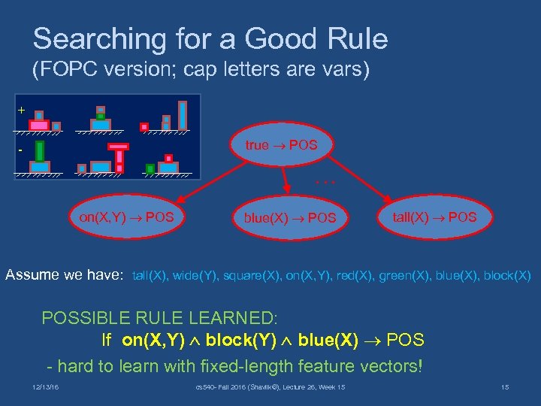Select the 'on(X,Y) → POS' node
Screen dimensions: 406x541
(x=126, y=217)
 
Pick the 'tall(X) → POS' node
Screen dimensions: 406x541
(x=434, y=217)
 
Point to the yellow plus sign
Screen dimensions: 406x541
(x=21, y=111)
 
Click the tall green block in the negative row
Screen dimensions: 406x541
(x=39, y=151)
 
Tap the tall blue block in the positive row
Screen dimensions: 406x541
(x=182, y=115)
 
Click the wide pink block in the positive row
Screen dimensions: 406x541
(x=39, y=124)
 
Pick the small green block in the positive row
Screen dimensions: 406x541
(x=100, y=117)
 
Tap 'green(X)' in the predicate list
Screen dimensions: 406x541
(x=406, y=276)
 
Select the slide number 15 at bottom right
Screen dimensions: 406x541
(x=504, y=387)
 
